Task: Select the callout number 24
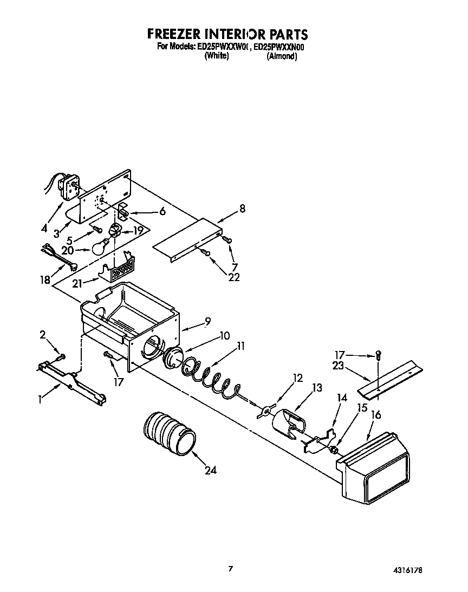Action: coord(210,470)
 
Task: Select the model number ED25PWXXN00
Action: coord(280,47)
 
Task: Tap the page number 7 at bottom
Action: coord(231,568)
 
